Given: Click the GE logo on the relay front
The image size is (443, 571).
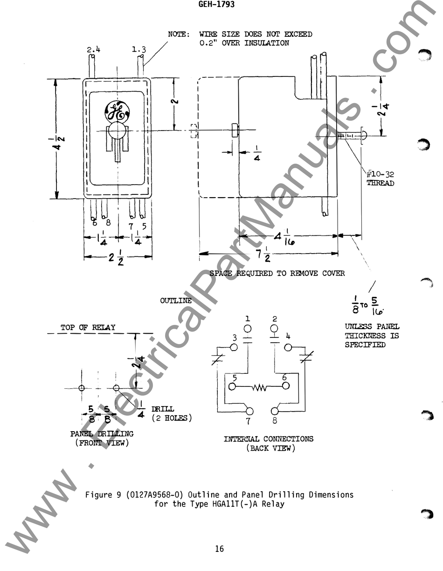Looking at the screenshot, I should pos(117,111).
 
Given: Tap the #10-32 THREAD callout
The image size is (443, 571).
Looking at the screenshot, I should pos(380,179).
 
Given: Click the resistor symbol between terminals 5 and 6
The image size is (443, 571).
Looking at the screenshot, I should pos(259,386).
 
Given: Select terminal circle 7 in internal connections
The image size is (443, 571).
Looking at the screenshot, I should pos(250,411).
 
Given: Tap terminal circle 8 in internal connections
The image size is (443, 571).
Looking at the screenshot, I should pos(275,411).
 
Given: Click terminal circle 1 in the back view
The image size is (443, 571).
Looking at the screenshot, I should pos(248,329).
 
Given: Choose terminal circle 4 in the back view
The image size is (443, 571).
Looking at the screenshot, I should pos(288,347).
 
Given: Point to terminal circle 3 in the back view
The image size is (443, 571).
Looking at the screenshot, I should pos(234,347).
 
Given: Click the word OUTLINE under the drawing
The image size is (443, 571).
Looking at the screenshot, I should pos(176,301).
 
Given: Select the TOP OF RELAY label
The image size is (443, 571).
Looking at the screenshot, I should pos(88,328).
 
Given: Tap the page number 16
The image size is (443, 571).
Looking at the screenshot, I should pos(219,549).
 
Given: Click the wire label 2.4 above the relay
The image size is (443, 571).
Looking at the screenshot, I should pos(93,49).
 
